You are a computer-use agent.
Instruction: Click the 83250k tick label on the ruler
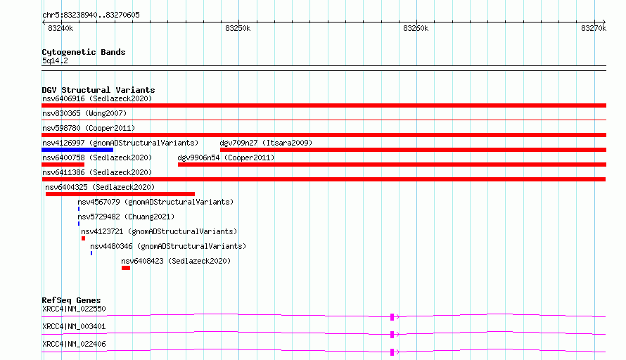[238, 28]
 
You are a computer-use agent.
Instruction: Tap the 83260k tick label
[416, 28]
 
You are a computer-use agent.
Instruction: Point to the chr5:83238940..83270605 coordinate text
[91, 15]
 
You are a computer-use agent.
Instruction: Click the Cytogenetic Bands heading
[84, 52]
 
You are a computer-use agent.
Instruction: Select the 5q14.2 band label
[55, 60]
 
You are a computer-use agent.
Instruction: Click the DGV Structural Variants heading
[98, 90]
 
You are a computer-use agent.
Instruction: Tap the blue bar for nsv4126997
[77, 150]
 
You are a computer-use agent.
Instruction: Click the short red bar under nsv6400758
[63, 165]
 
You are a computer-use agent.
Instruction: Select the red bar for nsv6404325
[120, 194]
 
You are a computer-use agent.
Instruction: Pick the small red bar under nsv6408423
[126, 268]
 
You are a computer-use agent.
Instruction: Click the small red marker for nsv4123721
[84, 238]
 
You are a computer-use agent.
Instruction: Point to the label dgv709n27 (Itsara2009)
[266, 143]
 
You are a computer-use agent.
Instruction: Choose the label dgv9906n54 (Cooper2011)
[226, 157]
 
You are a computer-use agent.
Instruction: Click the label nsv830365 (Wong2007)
[84, 113]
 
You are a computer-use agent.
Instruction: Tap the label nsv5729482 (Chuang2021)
[126, 217]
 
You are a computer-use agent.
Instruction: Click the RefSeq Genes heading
[71, 300]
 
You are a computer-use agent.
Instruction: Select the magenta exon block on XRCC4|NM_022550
[392, 317]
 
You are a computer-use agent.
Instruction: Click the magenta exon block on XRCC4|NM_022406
[392, 352]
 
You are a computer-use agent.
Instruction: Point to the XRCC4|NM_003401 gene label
[74, 326]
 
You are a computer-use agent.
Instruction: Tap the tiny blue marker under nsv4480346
[91, 253]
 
